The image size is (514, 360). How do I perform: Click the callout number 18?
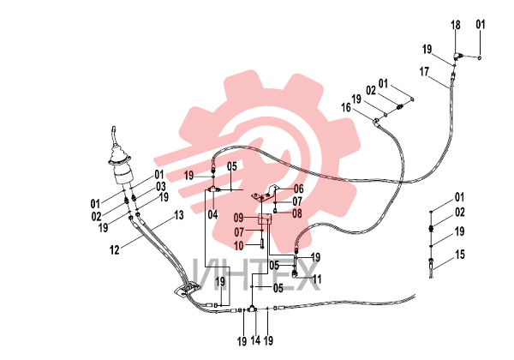pos(456,25)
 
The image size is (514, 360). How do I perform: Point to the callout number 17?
pos(424,71)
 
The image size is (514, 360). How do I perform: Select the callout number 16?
pos(346,107)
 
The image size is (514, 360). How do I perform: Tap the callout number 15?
pos(460,254)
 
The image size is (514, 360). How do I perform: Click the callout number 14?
pos(255,340)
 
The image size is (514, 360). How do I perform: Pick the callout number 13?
pos(179,215)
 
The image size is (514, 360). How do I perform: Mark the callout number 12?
pos(115,250)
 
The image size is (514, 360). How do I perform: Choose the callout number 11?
pos(317,279)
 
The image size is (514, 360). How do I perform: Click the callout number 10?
pos(239,246)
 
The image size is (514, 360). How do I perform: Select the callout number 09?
pos(239,218)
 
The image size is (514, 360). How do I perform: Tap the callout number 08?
pos(297,213)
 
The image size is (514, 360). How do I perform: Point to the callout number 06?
pos(299,189)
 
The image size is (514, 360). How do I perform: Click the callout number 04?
pos(212,215)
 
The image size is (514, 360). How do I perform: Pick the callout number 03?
pos(161,187)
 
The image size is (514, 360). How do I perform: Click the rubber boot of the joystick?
pos(120,156)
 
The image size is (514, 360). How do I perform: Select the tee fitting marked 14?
pos(252,309)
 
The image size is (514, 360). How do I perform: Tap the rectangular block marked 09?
pos(265,219)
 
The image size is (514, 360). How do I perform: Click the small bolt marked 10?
pos(262,244)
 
